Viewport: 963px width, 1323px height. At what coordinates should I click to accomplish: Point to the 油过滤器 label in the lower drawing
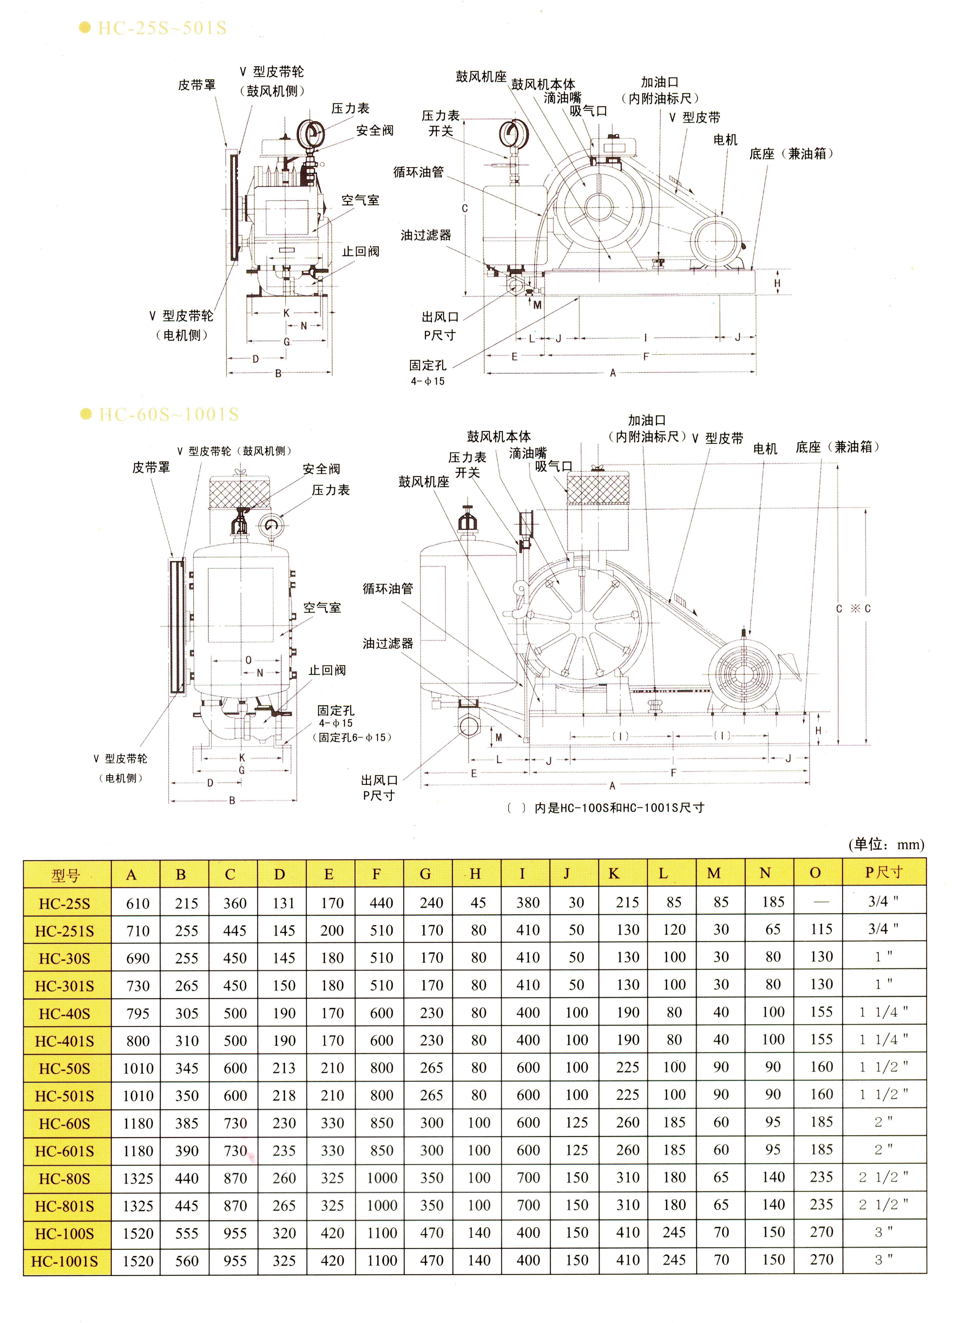(388, 643)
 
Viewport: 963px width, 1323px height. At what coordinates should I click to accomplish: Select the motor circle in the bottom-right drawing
(744, 674)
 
